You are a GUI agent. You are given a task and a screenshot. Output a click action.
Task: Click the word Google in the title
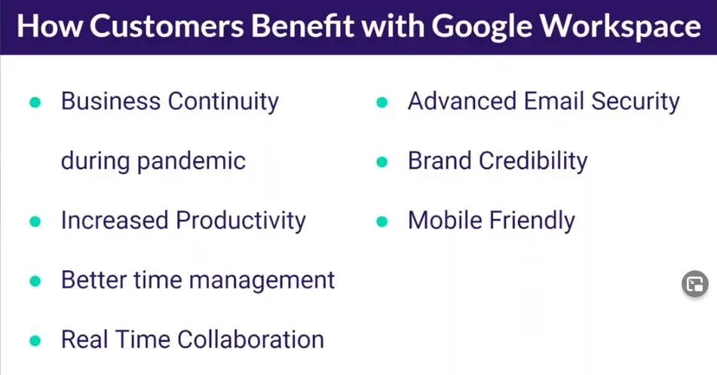[482, 27]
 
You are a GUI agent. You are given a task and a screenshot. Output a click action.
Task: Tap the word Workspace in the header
[620, 26]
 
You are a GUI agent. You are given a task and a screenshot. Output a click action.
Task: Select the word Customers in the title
[167, 26]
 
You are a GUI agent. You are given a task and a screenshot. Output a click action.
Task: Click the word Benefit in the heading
[302, 26]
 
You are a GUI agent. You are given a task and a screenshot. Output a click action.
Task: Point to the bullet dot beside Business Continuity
[35, 102]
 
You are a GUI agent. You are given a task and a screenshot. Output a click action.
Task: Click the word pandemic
[192, 162]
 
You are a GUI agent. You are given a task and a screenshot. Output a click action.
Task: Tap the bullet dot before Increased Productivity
[35, 221]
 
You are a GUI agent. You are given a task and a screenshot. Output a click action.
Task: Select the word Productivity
[241, 221]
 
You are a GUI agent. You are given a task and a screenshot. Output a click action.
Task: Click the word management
[262, 280]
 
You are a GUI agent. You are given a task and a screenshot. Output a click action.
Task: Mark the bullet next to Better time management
[35, 281]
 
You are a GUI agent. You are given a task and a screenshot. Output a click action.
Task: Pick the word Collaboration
[250, 340]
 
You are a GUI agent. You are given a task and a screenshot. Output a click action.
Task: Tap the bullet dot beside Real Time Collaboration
[35, 341]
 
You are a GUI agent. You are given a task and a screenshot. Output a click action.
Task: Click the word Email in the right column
[554, 101]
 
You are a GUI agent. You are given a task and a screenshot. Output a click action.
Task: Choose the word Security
[636, 102]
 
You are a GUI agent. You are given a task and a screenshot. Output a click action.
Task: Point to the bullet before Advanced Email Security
[381, 102]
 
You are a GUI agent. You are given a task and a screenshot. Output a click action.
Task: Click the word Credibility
[533, 162]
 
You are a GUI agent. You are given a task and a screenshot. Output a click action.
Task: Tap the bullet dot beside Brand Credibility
[381, 162]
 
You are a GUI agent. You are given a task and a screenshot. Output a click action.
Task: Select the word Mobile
[445, 220]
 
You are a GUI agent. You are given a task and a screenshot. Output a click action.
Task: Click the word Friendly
[532, 221]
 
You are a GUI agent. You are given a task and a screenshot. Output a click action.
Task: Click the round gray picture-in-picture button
[695, 284]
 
